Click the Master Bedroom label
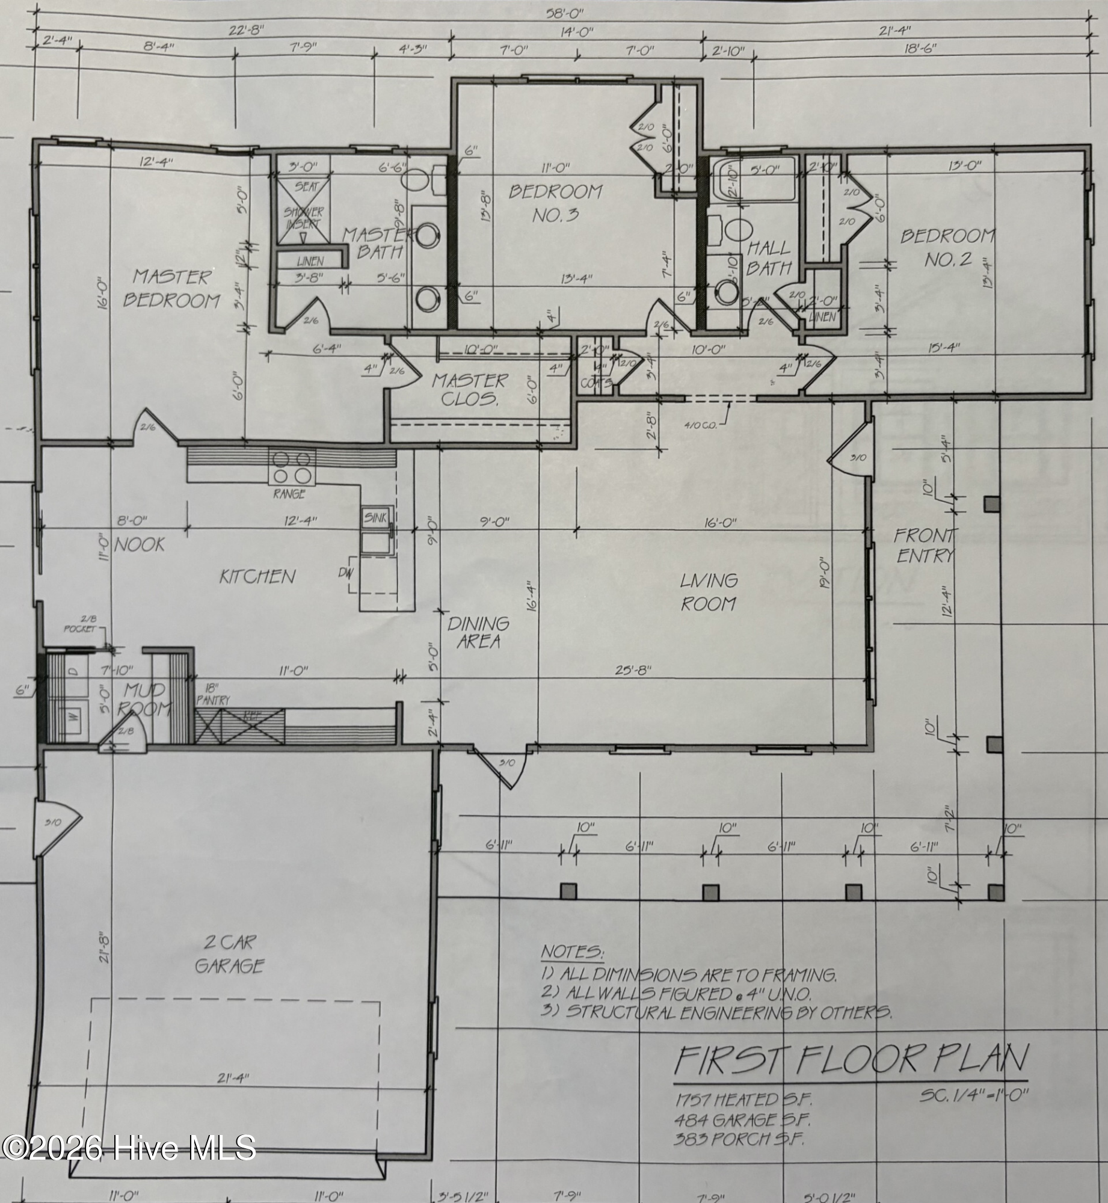(x=171, y=288)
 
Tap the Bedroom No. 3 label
(x=555, y=203)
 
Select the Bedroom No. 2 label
(x=947, y=247)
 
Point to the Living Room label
(x=709, y=592)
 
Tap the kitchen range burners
(x=293, y=467)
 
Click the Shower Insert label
(x=304, y=218)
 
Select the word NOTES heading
(x=572, y=952)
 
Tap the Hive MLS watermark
(x=128, y=1148)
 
